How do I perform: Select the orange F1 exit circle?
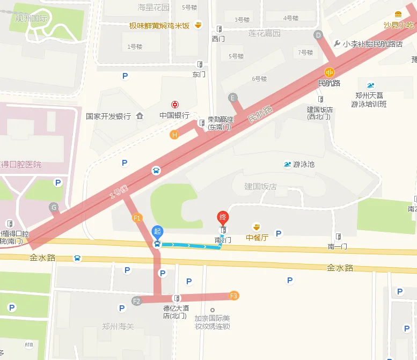coord(136,218)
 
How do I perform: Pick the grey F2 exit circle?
coord(136,301)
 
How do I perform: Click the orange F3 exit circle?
coord(233,296)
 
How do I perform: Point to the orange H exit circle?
coord(174,135)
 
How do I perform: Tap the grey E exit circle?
coord(232,98)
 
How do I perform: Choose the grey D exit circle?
coord(318,35)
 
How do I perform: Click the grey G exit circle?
coord(53,207)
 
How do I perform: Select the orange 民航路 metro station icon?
coord(329,72)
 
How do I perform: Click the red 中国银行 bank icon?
coord(174,105)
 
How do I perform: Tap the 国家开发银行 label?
coord(108,116)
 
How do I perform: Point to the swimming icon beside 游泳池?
coord(287,164)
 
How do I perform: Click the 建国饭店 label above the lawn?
coord(260,187)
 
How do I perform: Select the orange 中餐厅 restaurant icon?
coord(257,226)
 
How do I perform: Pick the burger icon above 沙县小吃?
coord(398,14)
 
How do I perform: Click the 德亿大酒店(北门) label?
coord(175,312)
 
